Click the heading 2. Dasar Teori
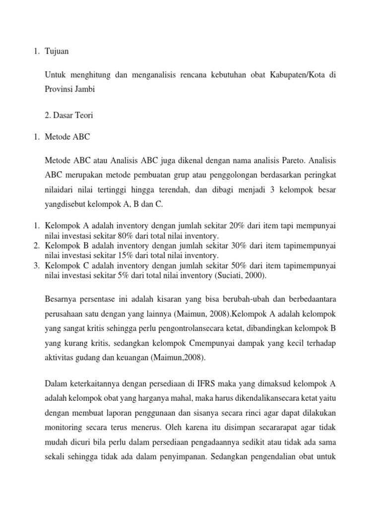[68, 115]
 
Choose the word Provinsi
[60, 89]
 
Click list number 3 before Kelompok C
[36, 265]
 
